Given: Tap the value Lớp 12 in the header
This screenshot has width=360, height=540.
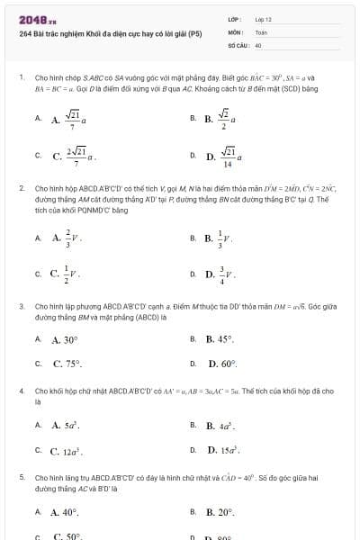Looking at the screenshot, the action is (x=264, y=19).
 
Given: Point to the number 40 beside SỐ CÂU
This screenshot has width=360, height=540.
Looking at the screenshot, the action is (x=258, y=44).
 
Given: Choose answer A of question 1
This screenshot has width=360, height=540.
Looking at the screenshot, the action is (x=69, y=118).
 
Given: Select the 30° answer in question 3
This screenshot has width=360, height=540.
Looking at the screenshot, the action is (x=66, y=339).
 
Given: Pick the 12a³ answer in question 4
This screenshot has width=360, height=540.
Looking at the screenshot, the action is (x=67, y=449).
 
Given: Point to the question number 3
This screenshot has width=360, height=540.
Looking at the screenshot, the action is (x=21, y=306).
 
